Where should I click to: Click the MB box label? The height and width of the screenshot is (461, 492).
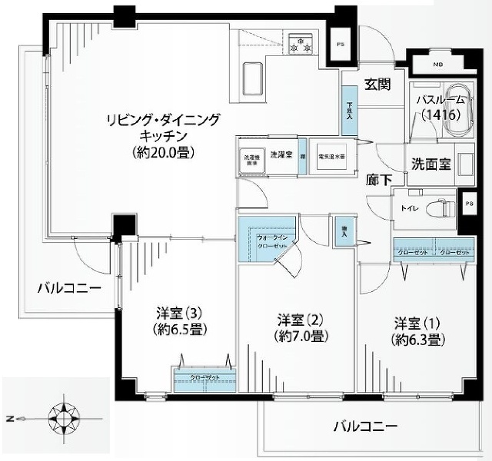[x=437, y=64]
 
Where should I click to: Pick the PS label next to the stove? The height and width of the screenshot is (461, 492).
[x=339, y=45]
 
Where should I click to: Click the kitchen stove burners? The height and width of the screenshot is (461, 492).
[x=301, y=45]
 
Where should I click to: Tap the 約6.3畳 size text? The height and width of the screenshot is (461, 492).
[x=418, y=338]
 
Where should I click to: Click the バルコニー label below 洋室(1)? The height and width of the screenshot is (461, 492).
[x=365, y=426]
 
